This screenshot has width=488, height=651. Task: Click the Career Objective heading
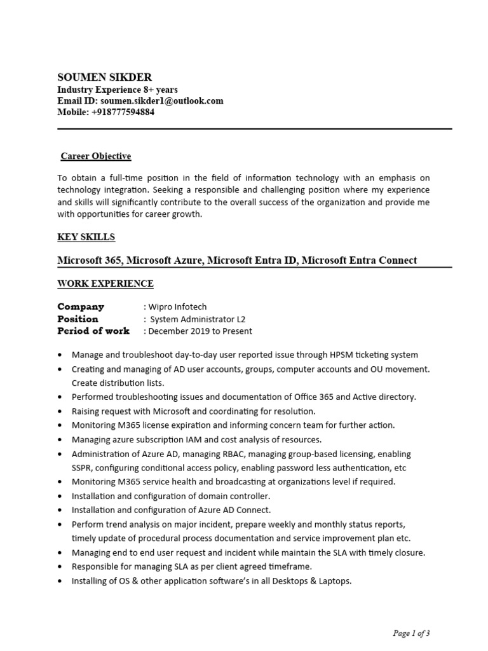click(95, 156)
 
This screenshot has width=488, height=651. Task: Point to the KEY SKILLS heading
click(86, 237)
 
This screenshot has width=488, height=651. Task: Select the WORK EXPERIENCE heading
click(105, 284)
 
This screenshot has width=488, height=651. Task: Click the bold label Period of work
click(93, 331)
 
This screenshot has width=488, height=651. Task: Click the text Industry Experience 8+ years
click(118, 90)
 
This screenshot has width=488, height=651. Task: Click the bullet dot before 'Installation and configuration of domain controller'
click(60, 497)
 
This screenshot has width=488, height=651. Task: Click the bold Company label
click(80, 306)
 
